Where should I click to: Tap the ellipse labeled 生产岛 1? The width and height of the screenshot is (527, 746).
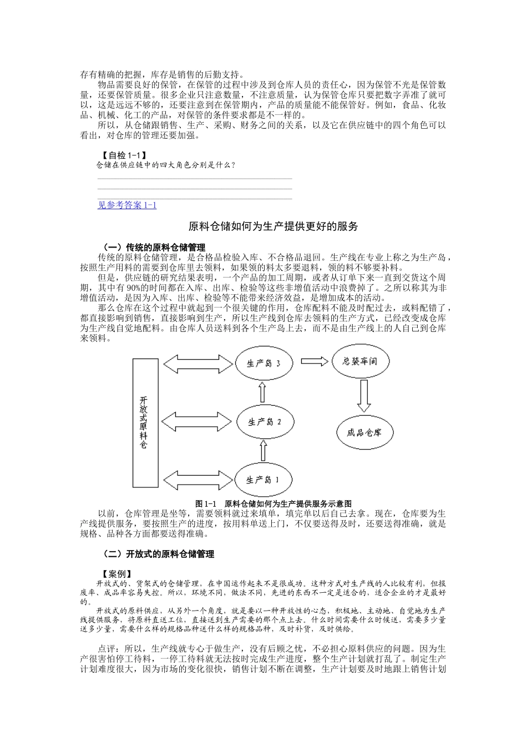[x=263, y=480]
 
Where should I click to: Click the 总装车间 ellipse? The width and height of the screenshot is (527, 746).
[x=360, y=361]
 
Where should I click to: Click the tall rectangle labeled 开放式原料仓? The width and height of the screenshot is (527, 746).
[x=143, y=422]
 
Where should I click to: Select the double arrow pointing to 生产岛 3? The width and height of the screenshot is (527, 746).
[x=197, y=365]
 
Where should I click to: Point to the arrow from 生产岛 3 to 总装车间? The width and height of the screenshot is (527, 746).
[x=315, y=361]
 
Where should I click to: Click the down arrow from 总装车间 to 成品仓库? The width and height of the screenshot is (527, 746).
[x=364, y=395]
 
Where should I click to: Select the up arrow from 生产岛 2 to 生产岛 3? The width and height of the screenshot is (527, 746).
[x=262, y=393]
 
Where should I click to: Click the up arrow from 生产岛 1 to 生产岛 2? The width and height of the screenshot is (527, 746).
[x=262, y=451]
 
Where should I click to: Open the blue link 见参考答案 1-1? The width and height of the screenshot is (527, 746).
[x=127, y=205]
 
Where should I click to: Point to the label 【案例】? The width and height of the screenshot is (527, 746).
[x=116, y=573]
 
